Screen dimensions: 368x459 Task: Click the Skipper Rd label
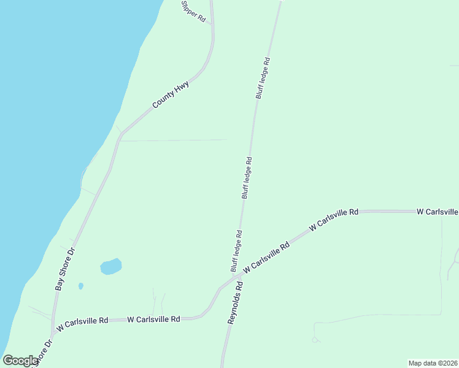[193, 12]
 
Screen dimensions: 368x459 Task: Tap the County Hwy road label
[171, 95]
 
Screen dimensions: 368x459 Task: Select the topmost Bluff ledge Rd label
[263, 78]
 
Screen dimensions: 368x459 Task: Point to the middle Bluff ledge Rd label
[247, 178]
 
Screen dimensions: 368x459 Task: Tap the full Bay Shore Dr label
[64, 268]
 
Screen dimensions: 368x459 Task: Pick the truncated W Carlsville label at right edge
[437, 212]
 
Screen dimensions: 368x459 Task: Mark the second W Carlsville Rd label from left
[153, 320]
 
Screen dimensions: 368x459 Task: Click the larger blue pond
[110, 266]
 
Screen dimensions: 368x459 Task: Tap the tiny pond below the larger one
[81, 286]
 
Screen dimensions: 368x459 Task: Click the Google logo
[20, 361]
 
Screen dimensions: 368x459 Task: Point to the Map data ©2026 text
[433, 362]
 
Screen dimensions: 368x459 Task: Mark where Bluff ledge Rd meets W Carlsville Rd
[240, 277]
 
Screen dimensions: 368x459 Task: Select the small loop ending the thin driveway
[315, 339]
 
